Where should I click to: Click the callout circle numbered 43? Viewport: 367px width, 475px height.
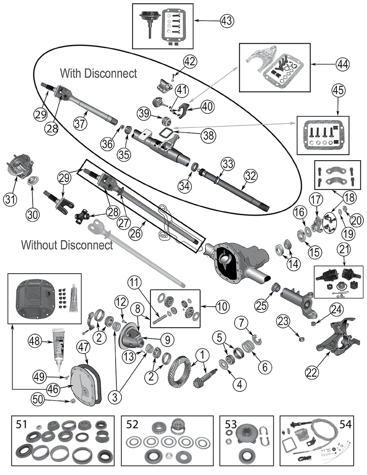[228, 20]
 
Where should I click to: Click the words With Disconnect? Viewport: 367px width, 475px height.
[98, 73]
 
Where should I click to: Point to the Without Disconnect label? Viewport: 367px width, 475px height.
[67, 245]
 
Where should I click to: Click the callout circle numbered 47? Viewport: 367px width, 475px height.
[82, 348]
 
